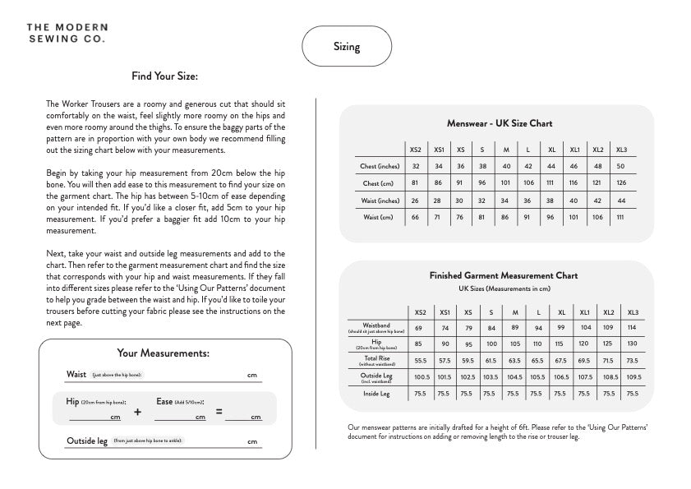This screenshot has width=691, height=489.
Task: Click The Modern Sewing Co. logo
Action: [x=66, y=33]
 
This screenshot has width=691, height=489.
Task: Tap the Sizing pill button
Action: [x=347, y=47]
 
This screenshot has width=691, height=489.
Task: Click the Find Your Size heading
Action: [x=164, y=76]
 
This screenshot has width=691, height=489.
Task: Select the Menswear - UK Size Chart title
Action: [x=500, y=123]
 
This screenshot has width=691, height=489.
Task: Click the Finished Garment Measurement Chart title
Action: [x=503, y=276]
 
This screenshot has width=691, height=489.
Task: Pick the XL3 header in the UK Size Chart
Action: [x=621, y=150]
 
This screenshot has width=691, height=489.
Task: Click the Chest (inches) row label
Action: [x=380, y=167]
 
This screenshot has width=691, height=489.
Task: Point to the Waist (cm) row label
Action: [x=380, y=217]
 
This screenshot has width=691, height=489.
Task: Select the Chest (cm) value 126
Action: [x=621, y=183]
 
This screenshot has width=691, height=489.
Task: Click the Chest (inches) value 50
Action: [x=621, y=167]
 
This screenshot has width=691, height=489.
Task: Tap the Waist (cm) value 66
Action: [x=416, y=217]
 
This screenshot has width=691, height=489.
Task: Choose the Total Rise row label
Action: [x=376, y=360]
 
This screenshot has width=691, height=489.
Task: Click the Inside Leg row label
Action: [x=376, y=394]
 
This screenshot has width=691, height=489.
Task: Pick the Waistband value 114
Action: [x=632, y=327]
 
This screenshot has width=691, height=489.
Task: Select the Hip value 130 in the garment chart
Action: [x=632, y=344]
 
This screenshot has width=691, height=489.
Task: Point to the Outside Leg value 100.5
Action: [x=422, y=377]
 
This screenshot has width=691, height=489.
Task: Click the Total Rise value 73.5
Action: [x=632, y=360]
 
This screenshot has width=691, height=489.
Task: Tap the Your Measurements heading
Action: [x=164, y=353]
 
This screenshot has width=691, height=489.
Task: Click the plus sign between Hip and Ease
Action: [x=137, y=412]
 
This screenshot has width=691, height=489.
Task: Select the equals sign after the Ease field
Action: [x=219, y=411]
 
